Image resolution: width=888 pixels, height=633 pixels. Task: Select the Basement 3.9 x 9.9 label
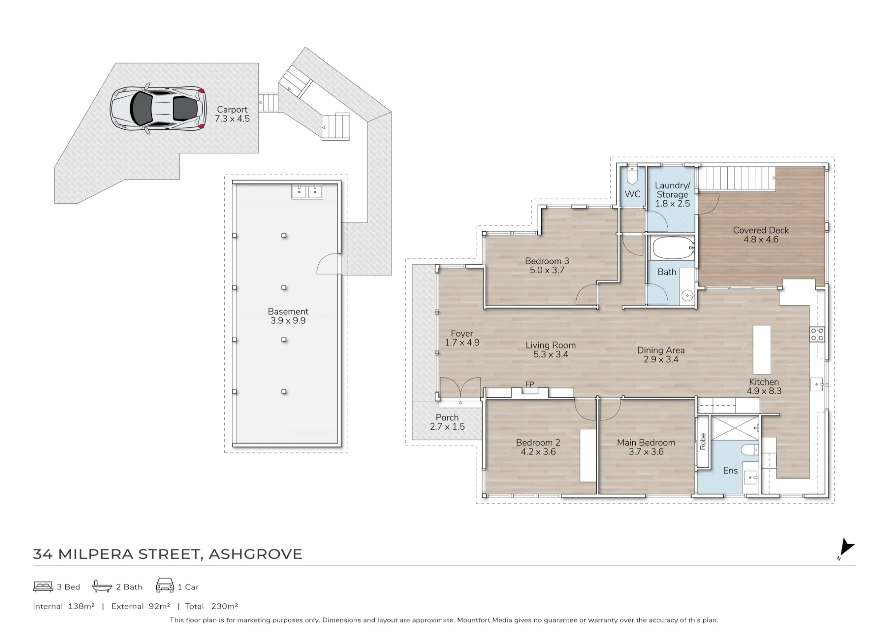[x=288, y=316]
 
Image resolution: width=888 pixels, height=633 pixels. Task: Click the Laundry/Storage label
[x=673, y=194]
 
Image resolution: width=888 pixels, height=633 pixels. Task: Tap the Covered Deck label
[x=761, y=235]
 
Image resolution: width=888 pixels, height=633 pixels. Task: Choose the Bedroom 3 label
[x=547, y=265]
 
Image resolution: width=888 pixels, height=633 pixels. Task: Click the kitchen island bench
[x=762, y=350]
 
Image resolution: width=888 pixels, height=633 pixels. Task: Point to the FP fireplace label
[x=530, y=384]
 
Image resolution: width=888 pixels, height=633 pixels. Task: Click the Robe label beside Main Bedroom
[x=703, y=442]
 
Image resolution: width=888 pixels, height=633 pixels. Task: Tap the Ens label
[x=730, y=471]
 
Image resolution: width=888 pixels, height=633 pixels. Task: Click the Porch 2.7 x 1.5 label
[x=447, y=422]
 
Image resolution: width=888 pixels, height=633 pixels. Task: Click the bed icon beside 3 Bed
[x=43, y=587]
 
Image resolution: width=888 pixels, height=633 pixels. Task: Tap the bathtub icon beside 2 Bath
[x=102, y=586]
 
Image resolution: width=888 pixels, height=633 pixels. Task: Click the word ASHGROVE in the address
[x=255, y=554]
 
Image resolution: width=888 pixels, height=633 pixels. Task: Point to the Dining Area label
[x=661, y=355]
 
